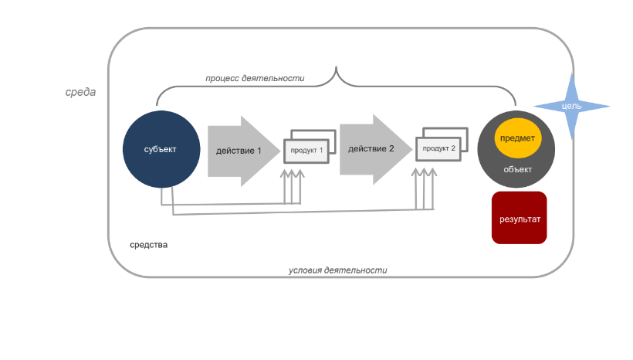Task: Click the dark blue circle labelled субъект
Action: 161,149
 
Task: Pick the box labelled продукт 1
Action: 306,151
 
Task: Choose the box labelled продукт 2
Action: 438,148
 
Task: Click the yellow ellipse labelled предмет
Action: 517,138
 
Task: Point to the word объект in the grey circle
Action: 517,170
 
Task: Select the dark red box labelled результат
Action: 520,218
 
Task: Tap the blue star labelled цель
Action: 572,107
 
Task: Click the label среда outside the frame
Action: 80,92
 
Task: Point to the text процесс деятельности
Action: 255,78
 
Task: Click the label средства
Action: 148,245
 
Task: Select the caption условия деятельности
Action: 338,270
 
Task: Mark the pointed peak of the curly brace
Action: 336,67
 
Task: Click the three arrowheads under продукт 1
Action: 293,174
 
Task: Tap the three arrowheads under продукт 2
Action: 424,172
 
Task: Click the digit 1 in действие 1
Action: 259,151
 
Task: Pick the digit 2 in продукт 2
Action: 453,148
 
